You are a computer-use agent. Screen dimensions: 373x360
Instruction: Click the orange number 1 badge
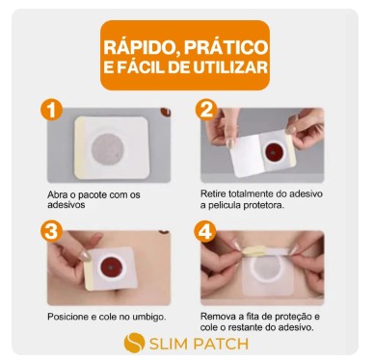[51, 111]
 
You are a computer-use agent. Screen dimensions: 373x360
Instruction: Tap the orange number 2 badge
[206, 111]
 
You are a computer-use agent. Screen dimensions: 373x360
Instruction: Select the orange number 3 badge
[51, 232]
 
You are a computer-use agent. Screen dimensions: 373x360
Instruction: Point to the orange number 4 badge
[205, 232]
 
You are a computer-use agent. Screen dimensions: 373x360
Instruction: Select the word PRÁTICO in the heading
[226, 47]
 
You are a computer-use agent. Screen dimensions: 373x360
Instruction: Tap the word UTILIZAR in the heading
[230, 68]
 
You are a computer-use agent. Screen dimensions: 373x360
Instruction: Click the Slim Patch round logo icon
[134, 343]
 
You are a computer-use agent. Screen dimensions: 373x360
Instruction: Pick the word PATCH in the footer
[222, 344]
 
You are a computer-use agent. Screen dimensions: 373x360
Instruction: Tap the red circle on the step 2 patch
[274, 149]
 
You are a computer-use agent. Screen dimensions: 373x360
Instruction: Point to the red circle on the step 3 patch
[110, 267]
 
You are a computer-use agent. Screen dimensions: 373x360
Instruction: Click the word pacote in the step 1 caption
[92, 194]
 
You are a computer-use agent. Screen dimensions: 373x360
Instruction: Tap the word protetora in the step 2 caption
[264, 205]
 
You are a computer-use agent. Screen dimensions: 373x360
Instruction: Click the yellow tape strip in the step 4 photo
[253, 250]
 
